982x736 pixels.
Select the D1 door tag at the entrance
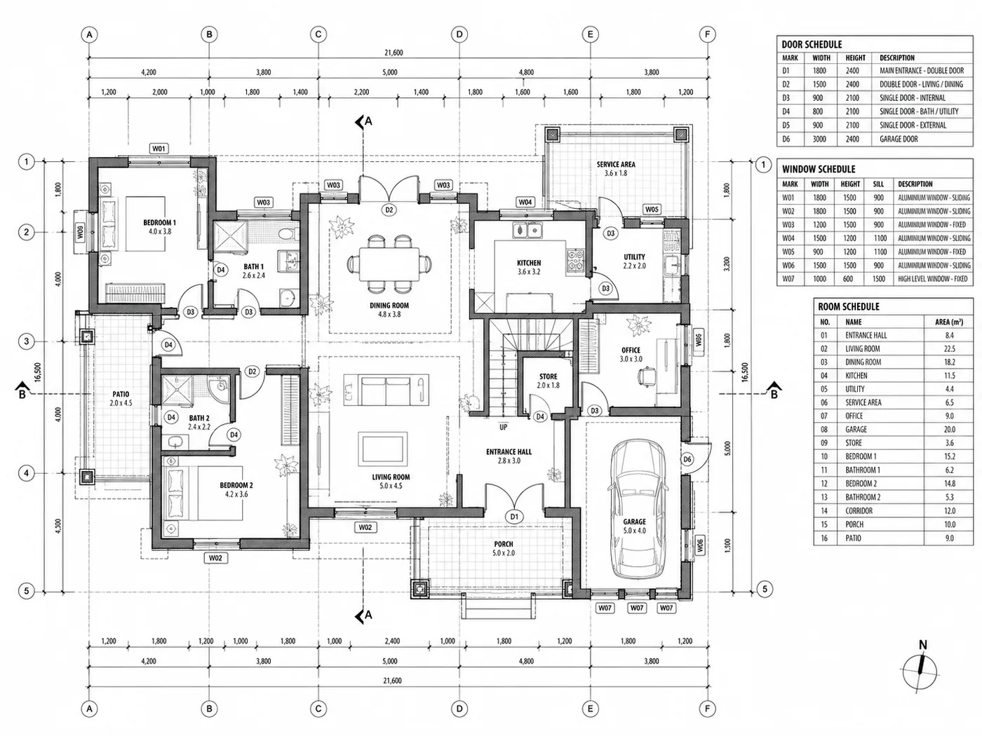(514, 517)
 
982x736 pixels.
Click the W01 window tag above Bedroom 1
(159, 149)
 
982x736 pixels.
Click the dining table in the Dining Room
(389, 264)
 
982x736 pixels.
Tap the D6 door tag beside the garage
(687, 459)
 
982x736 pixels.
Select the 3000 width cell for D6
(819, 139)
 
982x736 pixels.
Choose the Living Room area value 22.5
(949, 348)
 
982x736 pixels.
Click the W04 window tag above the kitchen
(525, 202)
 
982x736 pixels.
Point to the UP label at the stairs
(504, 427)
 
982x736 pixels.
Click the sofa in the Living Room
(386, 390)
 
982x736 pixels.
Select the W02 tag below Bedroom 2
(215, 558)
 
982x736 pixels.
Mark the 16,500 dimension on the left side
(38, 372)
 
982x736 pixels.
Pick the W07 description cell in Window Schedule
(933, 279)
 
